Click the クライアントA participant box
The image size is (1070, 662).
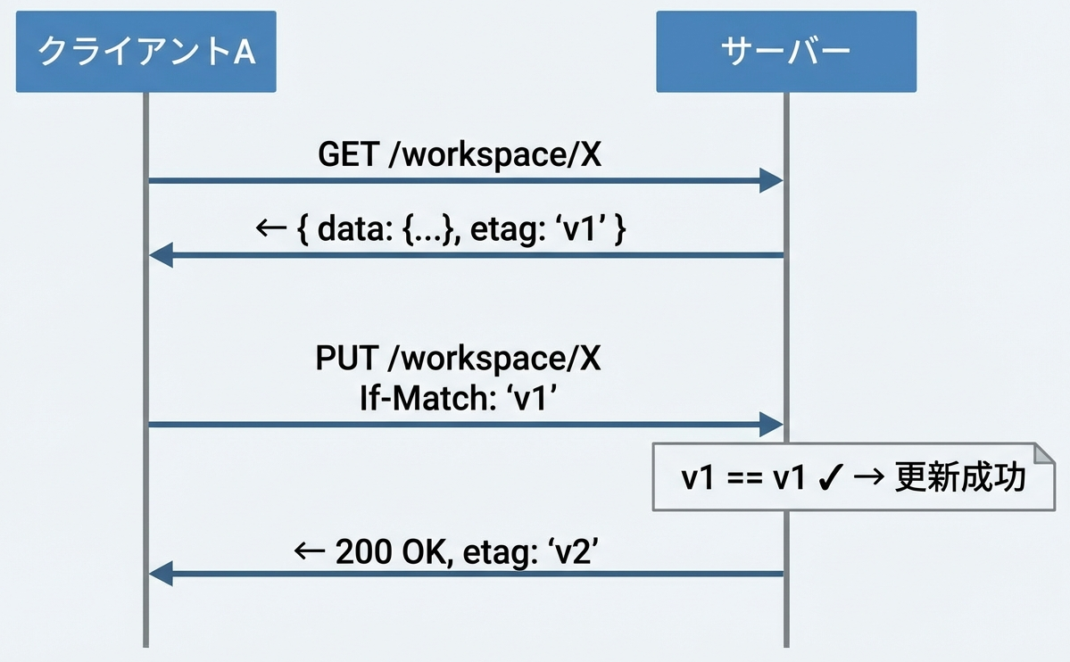pos(146,51)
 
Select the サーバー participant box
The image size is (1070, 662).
pos(786,51)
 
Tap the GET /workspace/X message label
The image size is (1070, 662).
pos(460,154)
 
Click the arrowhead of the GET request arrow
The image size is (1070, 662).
pos(771,181)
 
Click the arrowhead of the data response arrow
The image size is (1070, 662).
pos(161,255)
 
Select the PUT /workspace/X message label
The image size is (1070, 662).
pos(458,359)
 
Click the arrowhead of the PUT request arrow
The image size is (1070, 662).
pos(771,425)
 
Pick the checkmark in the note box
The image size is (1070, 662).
pos(831,477)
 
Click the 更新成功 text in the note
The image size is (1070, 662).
pos(960,476)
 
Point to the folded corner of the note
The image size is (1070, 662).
pos(1044,454)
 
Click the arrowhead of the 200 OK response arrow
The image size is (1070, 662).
pos(161,574)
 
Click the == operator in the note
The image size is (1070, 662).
pos(744,477)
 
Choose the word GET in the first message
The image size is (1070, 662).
pos(348,154)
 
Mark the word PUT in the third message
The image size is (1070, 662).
pos(346,359)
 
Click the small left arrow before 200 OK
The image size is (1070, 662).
pos(309,550)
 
